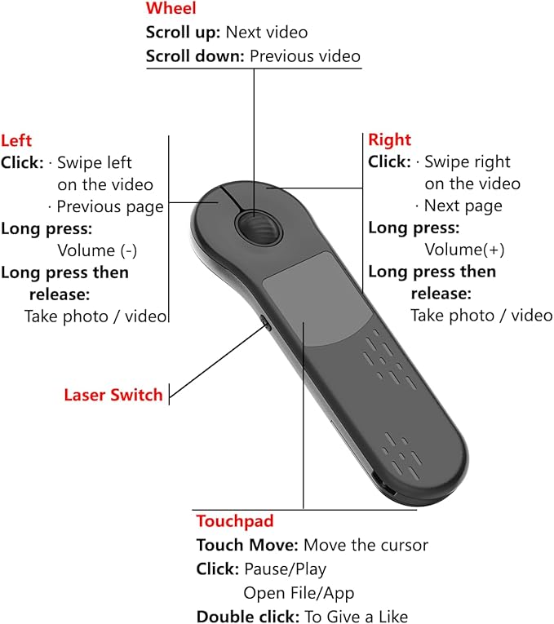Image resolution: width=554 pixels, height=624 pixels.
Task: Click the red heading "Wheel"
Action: [x=171, y=10]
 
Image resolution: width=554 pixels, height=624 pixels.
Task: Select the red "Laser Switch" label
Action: [x=113, y=396]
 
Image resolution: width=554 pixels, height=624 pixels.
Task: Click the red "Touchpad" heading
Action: [x=234, y=521]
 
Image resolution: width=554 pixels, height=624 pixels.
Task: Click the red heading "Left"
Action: [x=16, y=140]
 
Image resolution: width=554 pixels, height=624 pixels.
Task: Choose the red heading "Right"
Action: [x=389, y=140]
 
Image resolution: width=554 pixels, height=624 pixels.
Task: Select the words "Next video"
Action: [x=268, y=33]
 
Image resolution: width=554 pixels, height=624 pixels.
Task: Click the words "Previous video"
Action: [x=304, y=56]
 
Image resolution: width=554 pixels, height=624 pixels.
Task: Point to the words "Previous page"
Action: [x=109, y=206]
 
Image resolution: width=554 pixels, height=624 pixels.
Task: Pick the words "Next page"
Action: [x=463, y=206]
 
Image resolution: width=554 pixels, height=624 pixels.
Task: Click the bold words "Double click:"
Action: [x=248, y=617]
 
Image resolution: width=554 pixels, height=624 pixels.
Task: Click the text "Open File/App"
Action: [x=299, y=593]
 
